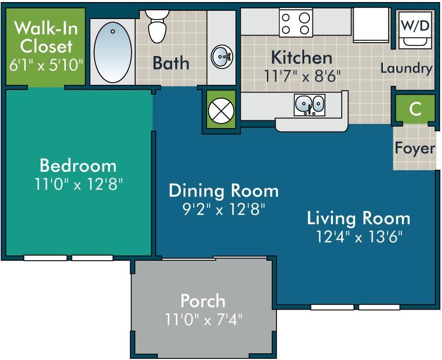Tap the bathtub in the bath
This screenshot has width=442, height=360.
point(113,51)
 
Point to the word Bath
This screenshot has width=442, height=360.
point(171,63)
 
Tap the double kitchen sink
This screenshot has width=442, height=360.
point(309,104)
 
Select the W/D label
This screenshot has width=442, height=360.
point(415,26)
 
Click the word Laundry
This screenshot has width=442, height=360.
point(406,68)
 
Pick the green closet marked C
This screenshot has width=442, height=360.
point(415,109)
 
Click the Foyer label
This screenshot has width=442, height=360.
point(415,148)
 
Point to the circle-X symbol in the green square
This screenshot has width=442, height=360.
point(222,109)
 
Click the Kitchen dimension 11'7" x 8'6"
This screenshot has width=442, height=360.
point(303,77)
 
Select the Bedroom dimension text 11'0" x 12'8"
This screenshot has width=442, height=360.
point(79,184)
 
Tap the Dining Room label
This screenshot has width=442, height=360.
point(224,191)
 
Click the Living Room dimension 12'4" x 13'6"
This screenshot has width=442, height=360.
point(359,237)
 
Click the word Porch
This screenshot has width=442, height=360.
point(202,300)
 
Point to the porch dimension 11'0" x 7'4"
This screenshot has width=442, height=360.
point(203,320)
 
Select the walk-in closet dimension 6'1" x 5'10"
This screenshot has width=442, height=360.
point(46,65)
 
